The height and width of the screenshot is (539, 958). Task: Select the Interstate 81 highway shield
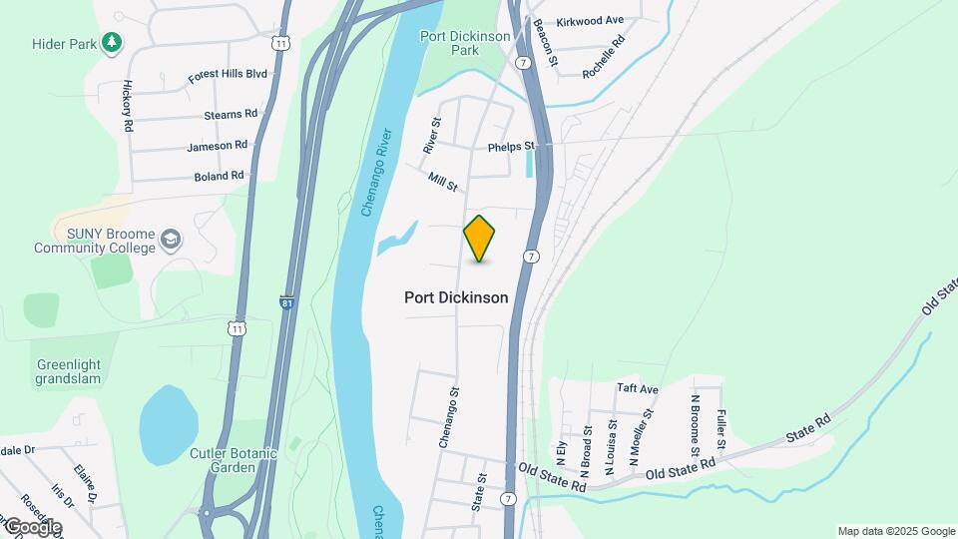coord(286,301)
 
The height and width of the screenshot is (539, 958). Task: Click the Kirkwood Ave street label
coord(590,20)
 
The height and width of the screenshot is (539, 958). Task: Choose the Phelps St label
coord(512,147)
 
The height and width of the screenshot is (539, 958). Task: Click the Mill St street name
coord(442,182)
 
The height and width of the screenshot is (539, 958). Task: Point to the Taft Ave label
coord(638,388)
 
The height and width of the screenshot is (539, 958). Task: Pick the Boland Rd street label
coord(219,176)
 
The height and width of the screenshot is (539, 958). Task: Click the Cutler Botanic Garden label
coord(234,460)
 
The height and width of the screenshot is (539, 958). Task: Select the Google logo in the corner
coord(32,526)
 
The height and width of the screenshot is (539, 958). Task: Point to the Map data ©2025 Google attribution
coord(896,531)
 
